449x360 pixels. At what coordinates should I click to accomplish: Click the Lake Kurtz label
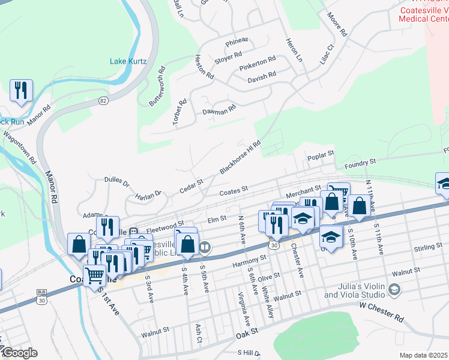(x=128, y=61)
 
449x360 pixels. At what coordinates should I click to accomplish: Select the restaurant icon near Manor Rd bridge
(x=21, y=91)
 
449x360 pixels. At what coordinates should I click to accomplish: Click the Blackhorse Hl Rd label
(x=240, y=157)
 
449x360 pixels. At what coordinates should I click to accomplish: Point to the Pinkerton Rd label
(x=257, y=63)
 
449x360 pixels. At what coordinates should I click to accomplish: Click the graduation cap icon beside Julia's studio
(x=394, y=290)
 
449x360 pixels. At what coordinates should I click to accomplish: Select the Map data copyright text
(x=423, y=355)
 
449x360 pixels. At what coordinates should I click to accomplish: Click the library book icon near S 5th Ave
(x=205, y=247)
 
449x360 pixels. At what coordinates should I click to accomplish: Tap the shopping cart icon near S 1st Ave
(x=95, y=275)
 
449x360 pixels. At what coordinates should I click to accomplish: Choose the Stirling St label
(x=427, y=247)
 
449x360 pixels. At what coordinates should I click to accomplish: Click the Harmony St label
(x=250, y=261)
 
